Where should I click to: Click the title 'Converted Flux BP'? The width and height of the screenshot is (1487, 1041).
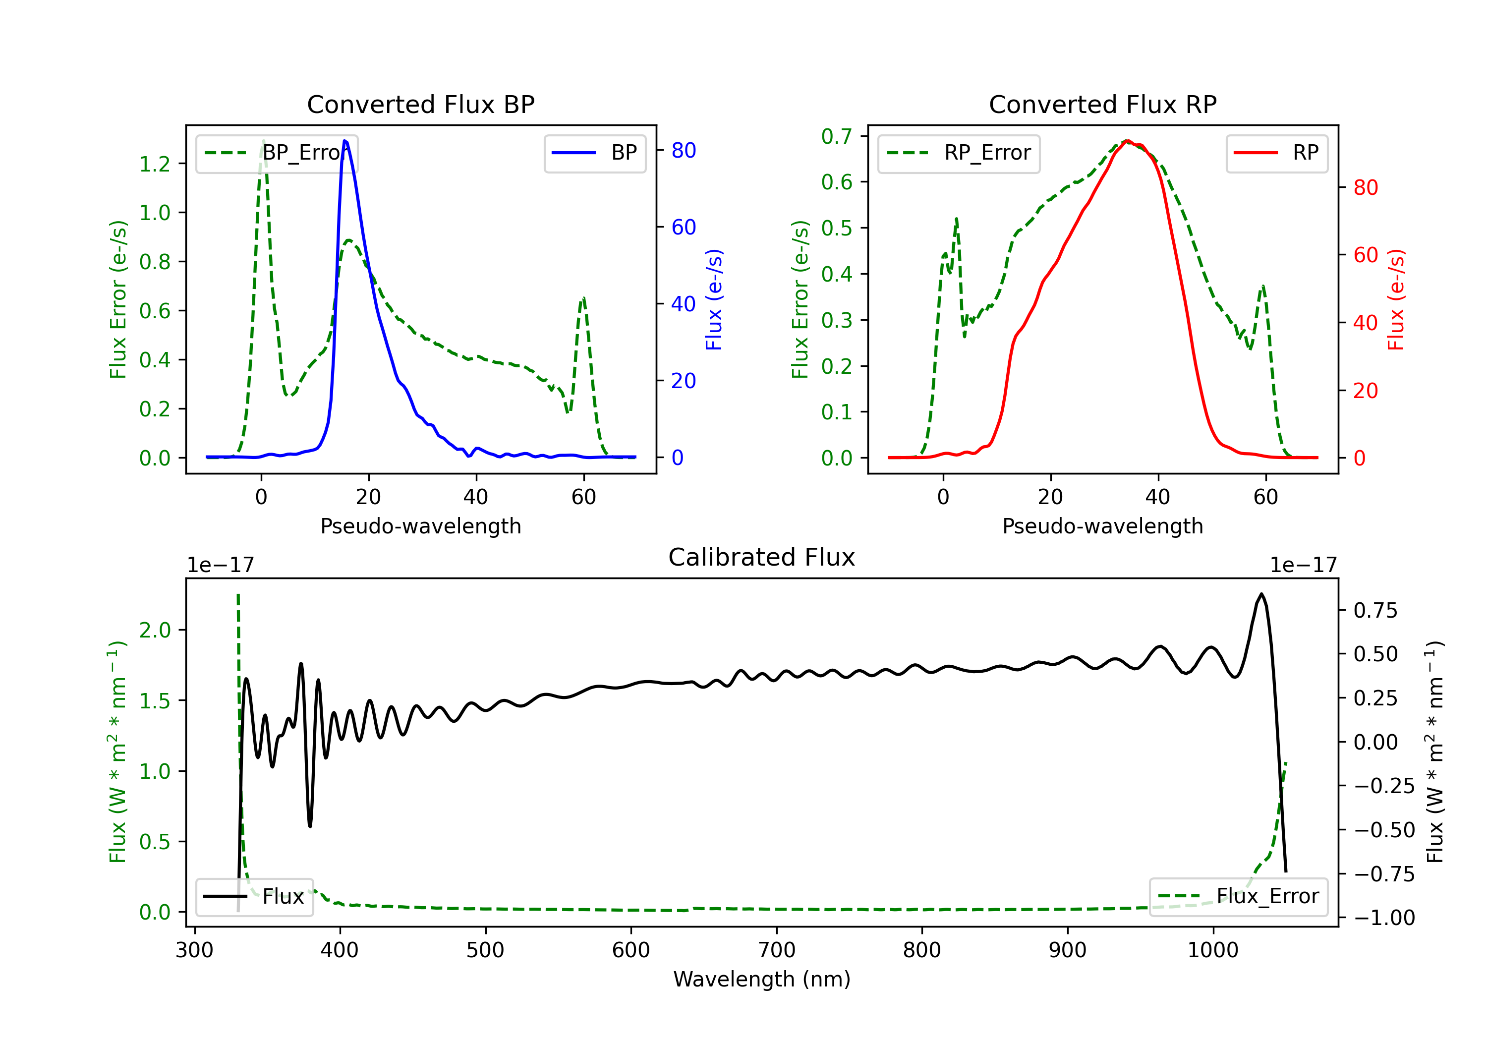(420, 104)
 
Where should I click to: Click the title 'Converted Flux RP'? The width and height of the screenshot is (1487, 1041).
(1102, 104)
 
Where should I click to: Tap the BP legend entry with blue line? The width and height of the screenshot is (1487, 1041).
(594, 153)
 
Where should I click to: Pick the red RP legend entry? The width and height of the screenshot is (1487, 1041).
(1276, 153)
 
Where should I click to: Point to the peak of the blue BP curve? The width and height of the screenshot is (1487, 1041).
(344, 141)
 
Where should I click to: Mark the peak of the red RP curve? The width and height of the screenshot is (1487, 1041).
(1127, 141)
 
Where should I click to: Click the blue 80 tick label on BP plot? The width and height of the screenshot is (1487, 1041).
(683, 150)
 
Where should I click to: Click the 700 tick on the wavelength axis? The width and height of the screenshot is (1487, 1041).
(777, 950)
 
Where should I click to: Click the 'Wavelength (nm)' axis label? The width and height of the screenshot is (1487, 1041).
(762, 979)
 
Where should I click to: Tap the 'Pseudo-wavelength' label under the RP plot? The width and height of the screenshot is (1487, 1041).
(1102, 526)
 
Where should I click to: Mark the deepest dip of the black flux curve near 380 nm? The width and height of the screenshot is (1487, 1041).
(310, 826)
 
